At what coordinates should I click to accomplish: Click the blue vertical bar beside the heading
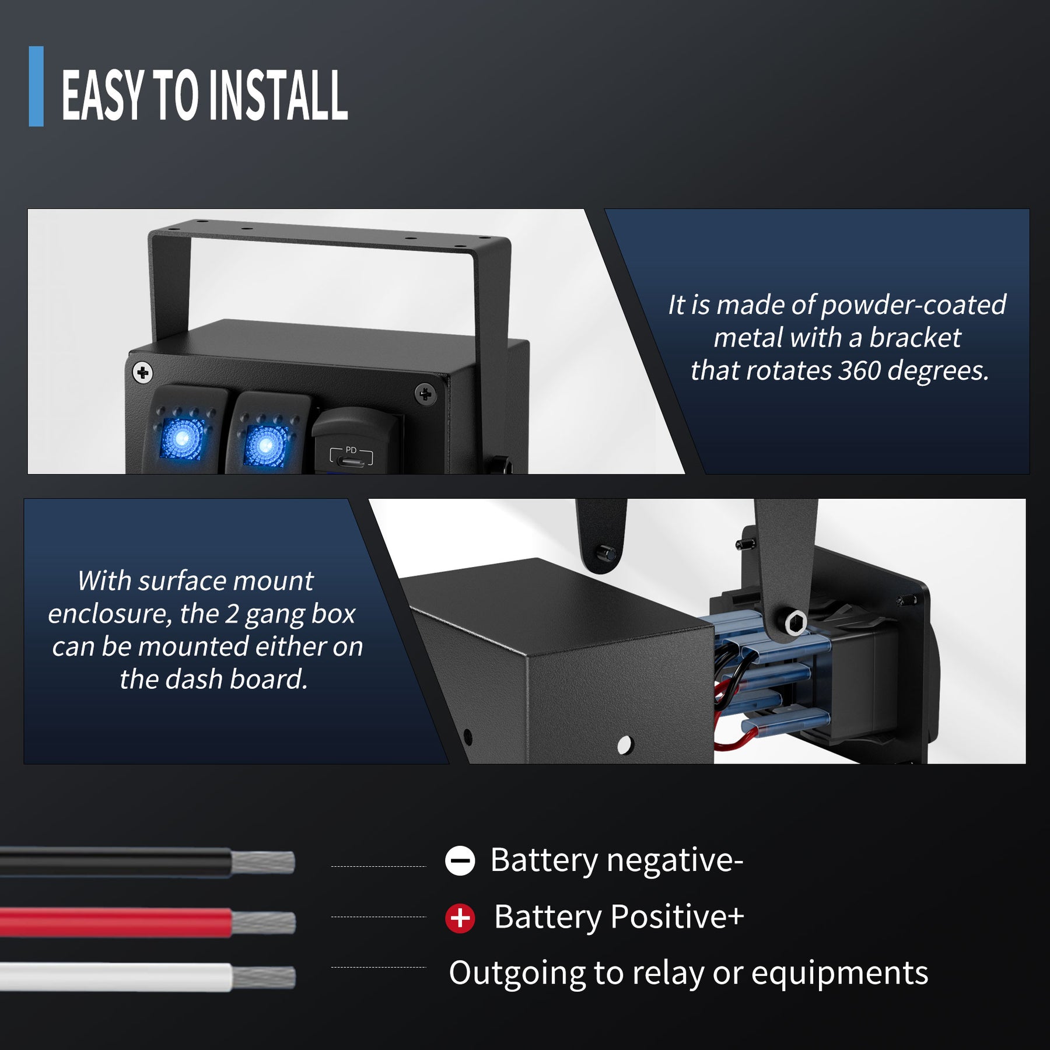click(x=36, y=86)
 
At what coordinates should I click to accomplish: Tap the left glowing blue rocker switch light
click(x=181, y=437)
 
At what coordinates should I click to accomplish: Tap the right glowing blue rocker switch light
click(x=265, y=446)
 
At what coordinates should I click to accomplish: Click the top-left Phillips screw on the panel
click(x=143, y=372)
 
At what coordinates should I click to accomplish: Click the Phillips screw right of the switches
click(x=425, y=395)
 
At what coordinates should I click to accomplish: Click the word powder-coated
click(x=913, y=305)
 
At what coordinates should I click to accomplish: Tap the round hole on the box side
click(x=624, y=744)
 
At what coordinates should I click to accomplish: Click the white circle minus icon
click(x=460, y=860)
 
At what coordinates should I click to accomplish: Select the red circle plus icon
click(x=460, y=918)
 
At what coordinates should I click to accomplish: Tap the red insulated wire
click(x=117, y=922)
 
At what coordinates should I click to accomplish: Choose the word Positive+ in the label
click(x=677, y=916)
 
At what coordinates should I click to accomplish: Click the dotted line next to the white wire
click(x=379, y=967)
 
